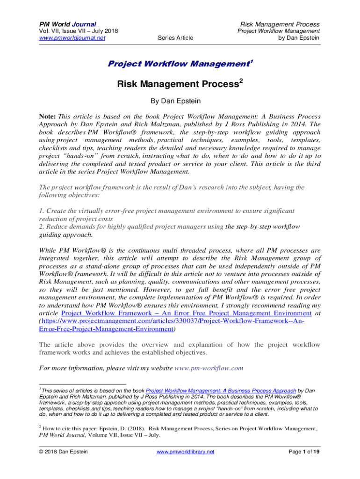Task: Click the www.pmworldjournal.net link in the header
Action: pyautogui.click(x=71, y=38)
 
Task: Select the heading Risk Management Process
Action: pyautogui.click(x=178, y=84)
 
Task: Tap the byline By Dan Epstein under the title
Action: pyautogui.click(x=180, y=101)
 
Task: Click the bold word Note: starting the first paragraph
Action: pyautogui.click(x=48, y=116)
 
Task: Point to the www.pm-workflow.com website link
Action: pyautogui.click(x=209, y=368)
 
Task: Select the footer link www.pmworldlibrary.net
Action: pyautogui.click(x=185, y=452)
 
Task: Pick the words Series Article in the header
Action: pyautogui.click(x=175, y=38)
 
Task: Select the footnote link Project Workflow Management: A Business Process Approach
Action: pyautogui.click(x=221, y=391)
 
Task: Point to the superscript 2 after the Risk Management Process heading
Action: pyautogui.click(x=241, y=81)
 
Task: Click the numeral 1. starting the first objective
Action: pyautogui.click(x=42, y=211)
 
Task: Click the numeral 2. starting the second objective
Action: pyautogui.click(x=42, y=227)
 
